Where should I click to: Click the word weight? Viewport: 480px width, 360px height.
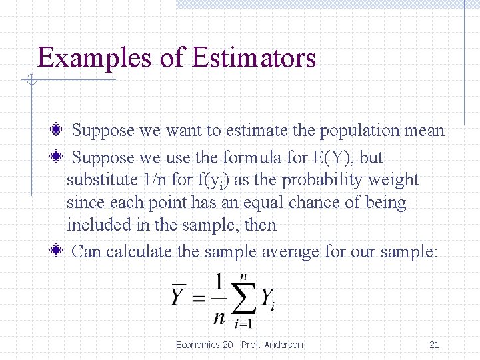[396, 180]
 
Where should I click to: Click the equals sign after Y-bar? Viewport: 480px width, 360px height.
[198, 298]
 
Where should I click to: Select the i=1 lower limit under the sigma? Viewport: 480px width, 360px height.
[243, 325]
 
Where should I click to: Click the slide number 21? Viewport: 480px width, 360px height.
[434, 345]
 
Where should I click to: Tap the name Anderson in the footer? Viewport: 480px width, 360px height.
[283, 345]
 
